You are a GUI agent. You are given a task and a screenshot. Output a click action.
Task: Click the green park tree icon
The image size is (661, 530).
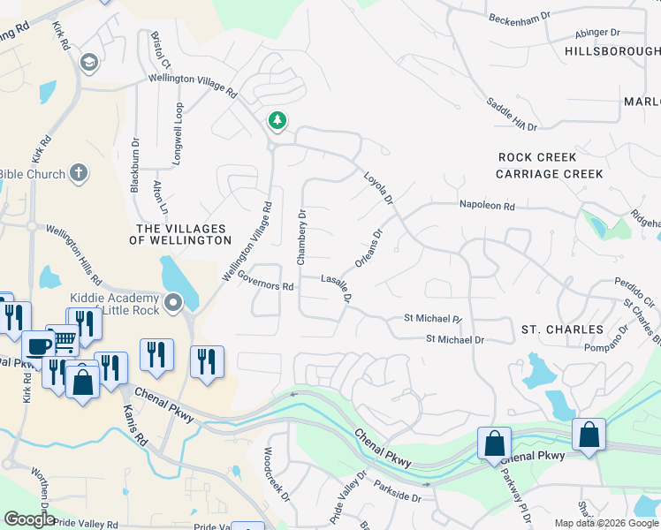click(277, 119)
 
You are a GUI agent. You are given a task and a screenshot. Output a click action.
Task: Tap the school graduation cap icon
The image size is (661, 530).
click(88, 62)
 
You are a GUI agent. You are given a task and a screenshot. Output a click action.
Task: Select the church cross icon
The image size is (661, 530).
click(79, 172)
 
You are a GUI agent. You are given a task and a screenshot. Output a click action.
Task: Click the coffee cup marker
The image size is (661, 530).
click(37, 345)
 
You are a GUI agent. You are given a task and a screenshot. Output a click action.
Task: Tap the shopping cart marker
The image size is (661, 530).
click(62, 339)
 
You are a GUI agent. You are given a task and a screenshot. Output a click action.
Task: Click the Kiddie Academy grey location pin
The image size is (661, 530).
click(173, 304)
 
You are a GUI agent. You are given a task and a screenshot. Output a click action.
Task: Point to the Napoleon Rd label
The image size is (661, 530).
click(486, 205)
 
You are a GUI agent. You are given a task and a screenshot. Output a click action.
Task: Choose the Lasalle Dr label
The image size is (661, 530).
click(337, 289)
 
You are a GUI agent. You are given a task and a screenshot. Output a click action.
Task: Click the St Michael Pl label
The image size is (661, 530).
click(433, 317)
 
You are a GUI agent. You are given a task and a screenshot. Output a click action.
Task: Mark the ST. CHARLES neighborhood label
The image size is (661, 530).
click(562, 329)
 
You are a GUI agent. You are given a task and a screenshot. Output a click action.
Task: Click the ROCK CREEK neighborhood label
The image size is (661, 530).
click(537, 157)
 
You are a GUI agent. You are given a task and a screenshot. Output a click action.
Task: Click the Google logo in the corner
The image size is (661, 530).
click(29, 519)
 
